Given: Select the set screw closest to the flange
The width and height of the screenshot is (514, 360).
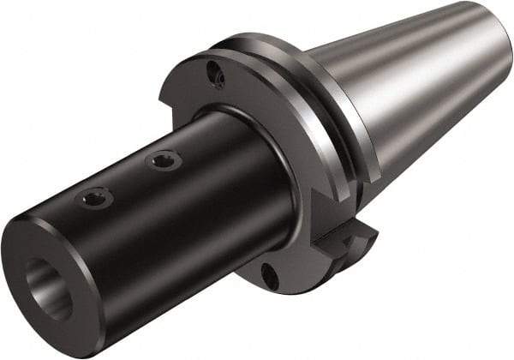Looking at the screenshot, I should coord(161,159).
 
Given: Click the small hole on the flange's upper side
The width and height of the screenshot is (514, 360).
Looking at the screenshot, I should coord(219,78).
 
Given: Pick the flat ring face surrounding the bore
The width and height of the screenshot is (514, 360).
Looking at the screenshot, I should coord(34,266).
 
